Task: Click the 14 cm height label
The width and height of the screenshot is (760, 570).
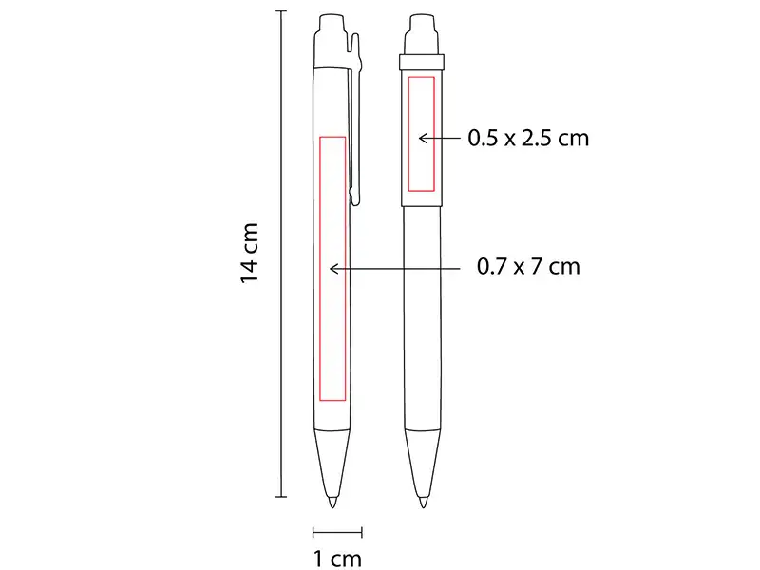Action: click(250, 253)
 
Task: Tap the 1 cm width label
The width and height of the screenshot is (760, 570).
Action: click(337, 559)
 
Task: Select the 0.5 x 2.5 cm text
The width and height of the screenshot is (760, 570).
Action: click(528, 138)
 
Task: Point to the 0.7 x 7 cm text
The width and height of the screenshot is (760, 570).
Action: click(528, 267)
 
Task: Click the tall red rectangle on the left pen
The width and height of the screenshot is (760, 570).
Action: click(319, 269)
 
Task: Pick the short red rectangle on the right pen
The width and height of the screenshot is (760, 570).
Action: click(408, 134)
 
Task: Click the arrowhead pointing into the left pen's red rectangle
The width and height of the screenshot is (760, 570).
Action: click(333, 269)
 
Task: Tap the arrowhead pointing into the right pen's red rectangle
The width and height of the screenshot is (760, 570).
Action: click(423, 139)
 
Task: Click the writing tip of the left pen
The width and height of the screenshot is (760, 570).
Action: click(332, 503)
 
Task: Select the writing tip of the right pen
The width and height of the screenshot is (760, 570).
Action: click(423, 503)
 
